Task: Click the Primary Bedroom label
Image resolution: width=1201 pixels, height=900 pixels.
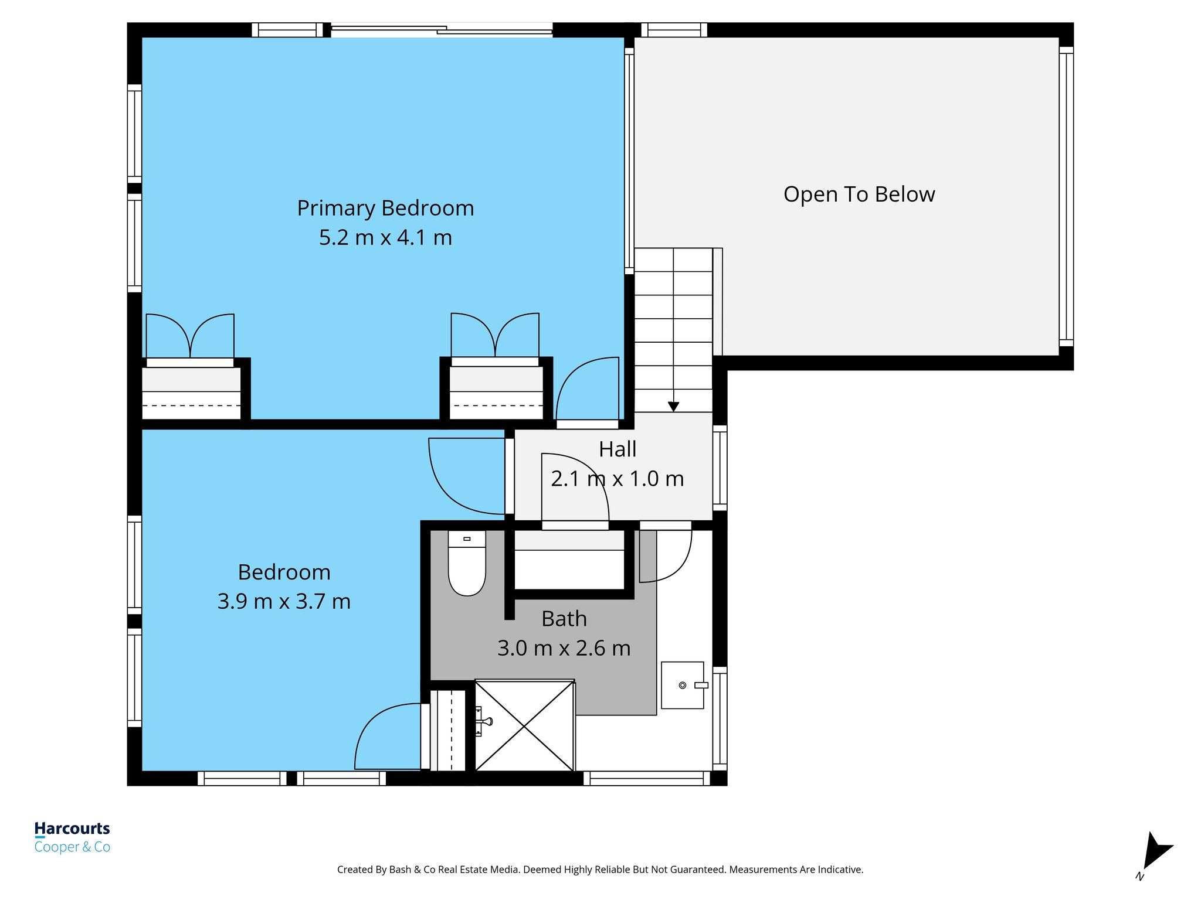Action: click(x=385, y=208)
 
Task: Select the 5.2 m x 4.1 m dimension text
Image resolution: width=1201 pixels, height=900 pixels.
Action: click(x=385, y=237)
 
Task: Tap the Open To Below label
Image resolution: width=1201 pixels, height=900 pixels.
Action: click(x=859, y=194)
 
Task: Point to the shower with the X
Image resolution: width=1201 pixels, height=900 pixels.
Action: click(x=524, y=726)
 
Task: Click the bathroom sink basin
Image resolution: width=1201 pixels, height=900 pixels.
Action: click(x=683, y=685)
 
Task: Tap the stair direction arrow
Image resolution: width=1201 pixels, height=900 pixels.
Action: click(x=673, y=406)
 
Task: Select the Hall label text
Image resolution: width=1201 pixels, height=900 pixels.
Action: click(x=618, y=449)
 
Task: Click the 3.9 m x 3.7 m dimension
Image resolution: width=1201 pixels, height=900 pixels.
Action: click(x=284, y=601)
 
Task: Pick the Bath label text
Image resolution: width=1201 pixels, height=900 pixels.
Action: click(x=564, y=619)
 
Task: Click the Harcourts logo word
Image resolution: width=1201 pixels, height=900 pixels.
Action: click(x=72, y=829)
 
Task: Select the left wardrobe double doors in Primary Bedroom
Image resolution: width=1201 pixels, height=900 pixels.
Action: click(x=190, y=337)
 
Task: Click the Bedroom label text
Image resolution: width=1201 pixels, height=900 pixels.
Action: click(x=284, y=572)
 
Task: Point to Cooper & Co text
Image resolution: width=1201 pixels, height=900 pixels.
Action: click(x=72, y=847)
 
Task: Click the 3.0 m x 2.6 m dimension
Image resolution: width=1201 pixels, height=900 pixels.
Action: click(x=564, y=648)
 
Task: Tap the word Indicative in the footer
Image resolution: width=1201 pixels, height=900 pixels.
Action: click(x=840, y=870)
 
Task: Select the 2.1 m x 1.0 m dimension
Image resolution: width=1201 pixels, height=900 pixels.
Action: click(x=618, y=479)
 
